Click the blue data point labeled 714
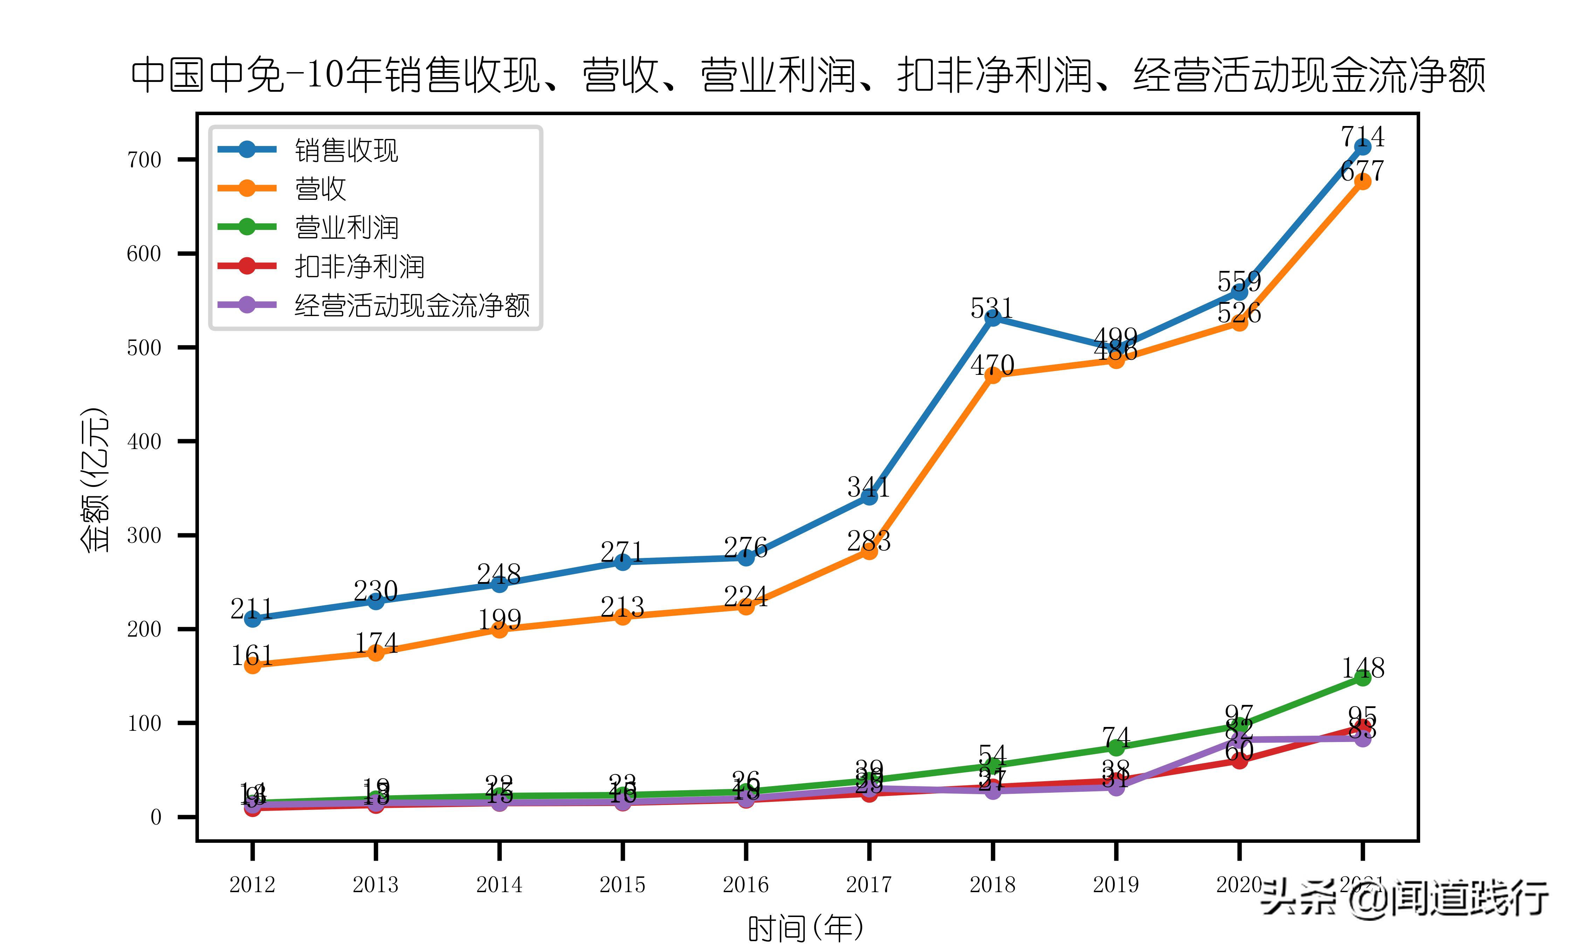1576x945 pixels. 1363,147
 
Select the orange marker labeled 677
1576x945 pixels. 1363,182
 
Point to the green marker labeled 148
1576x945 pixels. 1363,678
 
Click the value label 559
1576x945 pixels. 1239,281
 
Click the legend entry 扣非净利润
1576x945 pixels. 359,267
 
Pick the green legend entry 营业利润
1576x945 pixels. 346,228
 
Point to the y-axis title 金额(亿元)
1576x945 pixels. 94,479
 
